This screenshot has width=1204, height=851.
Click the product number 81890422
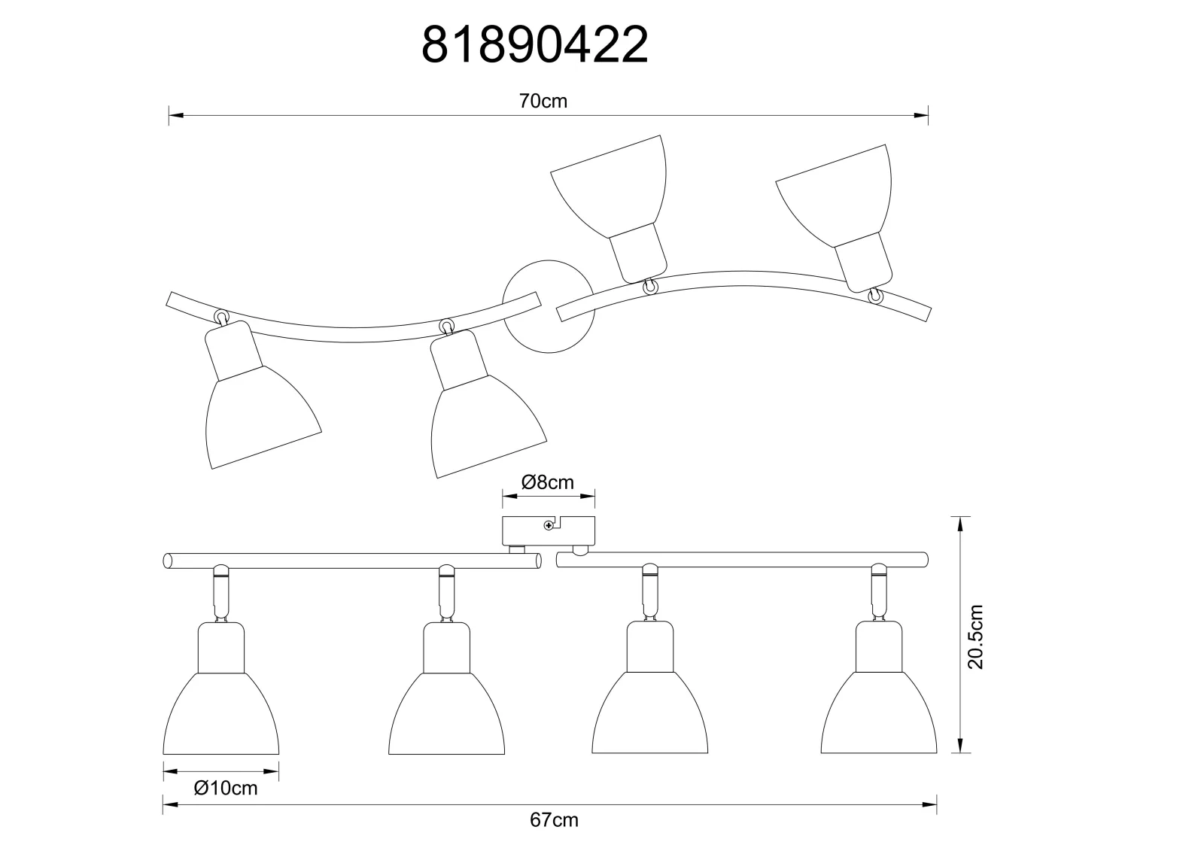535,45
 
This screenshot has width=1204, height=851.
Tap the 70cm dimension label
543,101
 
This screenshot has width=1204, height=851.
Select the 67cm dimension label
554,820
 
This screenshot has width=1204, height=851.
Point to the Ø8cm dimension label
548,482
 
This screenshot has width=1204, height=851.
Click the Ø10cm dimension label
226,788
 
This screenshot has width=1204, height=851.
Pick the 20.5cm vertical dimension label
975,637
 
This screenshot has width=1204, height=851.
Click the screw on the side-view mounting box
549,525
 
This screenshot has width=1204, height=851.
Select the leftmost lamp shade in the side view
221,713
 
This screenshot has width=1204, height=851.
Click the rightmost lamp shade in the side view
879,713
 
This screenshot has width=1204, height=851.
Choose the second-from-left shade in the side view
447,713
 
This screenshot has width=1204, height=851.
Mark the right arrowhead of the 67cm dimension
930,805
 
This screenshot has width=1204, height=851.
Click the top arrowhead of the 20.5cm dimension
960,524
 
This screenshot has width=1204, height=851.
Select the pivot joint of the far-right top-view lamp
876,296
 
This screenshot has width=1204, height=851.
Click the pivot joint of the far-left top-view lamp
221,317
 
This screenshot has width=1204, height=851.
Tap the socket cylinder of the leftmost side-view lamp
221,647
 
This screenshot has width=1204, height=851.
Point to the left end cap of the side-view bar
168,561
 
